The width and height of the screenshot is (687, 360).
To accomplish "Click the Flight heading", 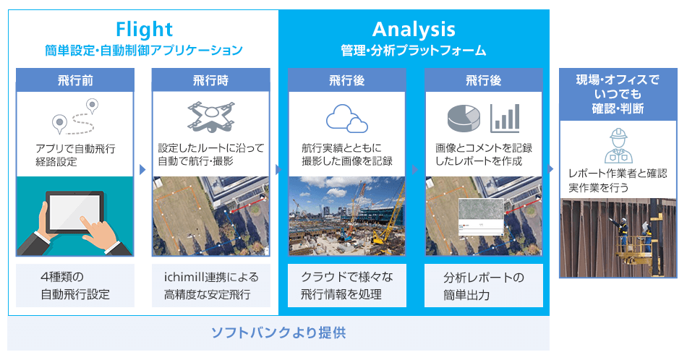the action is click(144, 30).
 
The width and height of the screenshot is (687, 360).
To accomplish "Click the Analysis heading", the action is click(414, 30).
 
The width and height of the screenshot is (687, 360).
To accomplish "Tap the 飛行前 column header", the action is click(75, 80).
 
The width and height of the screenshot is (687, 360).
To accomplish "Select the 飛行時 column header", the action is click(210, 80).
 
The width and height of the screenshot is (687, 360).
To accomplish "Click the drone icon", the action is click(210, 116).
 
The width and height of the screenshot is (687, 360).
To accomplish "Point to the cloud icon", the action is click(346, 119).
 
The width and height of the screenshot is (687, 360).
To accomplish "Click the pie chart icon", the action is click(464, 118).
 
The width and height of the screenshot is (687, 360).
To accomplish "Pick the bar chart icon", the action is click(505, 119).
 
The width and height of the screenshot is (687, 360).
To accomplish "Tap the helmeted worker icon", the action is click(618, 145).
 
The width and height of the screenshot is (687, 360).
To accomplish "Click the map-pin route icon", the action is click(75, 116).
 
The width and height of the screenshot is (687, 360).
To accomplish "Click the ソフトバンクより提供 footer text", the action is click(278, 333).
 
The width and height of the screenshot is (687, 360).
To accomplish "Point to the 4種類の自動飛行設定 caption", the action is click(75, 286).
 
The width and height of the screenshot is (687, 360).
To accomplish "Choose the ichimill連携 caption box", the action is click(210, 286).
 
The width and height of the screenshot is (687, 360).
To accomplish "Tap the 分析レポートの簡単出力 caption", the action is click(484, 286).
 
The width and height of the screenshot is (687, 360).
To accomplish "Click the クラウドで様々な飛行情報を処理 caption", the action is click(347, 286).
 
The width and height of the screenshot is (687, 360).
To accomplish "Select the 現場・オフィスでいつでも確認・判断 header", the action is click(618, 94).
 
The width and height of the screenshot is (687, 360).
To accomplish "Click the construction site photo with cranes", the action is click(347, 216).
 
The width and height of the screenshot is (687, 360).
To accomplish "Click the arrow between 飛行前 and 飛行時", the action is click(142, 169).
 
